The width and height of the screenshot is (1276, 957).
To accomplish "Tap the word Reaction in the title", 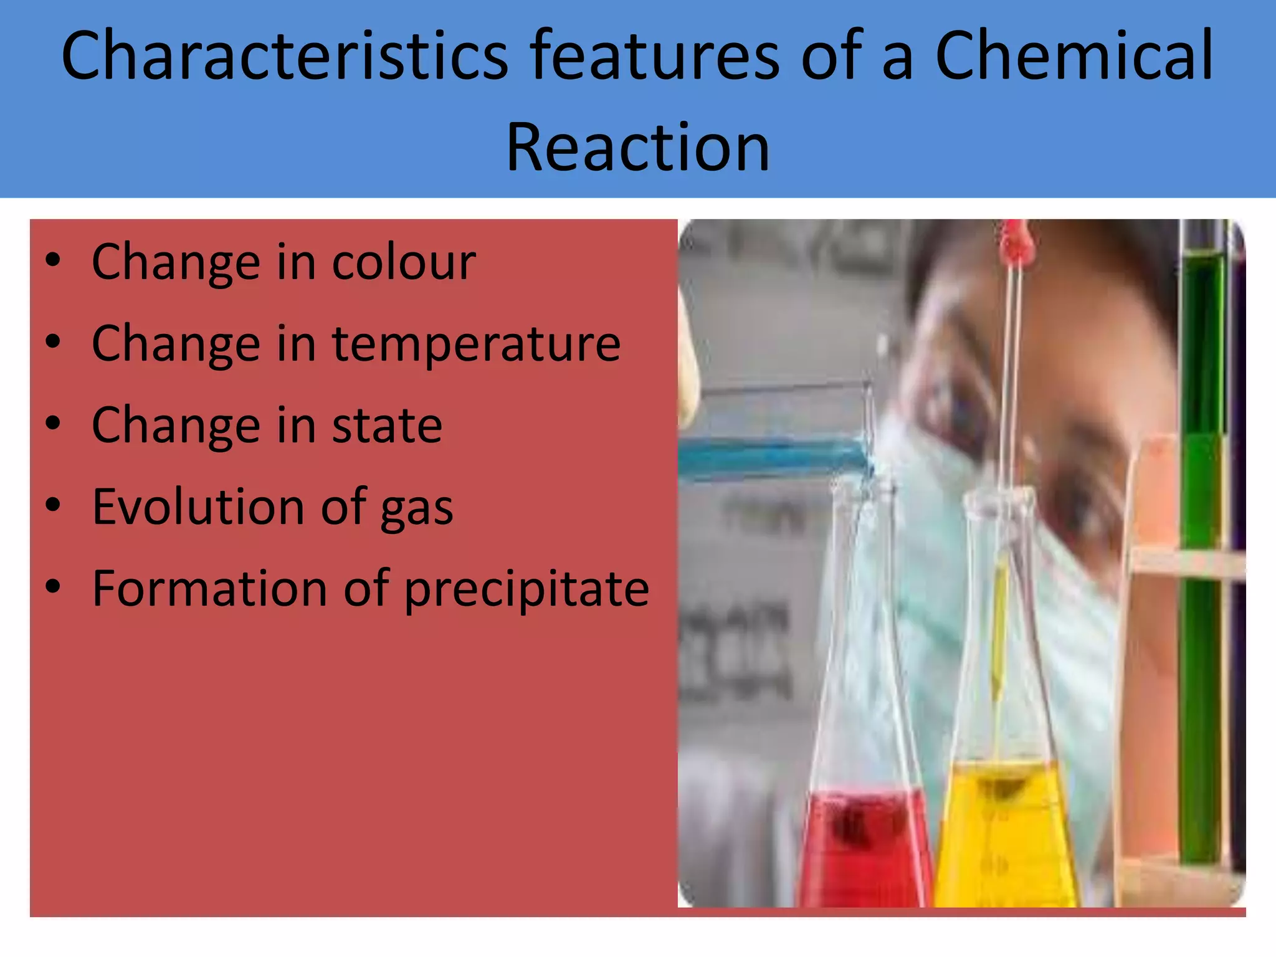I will pyautogui.click(x=637, y=148).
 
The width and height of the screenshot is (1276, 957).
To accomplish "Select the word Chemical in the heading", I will pyautogui.click(x=1074, y=56).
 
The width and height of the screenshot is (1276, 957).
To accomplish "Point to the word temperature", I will pyautogui.click(x=476, y=344).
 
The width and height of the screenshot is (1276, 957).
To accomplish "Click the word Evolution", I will pyautogui.click(x=199, y=507).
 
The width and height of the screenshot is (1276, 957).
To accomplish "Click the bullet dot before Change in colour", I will pyautogui.click(x=54, y=261).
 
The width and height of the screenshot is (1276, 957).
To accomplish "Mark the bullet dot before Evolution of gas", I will pyautogui.click(x=54, y=505).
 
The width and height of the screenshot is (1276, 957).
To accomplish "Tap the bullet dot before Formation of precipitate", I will pyautogui.click(x=54, y=587).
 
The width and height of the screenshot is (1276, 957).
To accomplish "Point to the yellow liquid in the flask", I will pyautogui.click(x=1003, y=841).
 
